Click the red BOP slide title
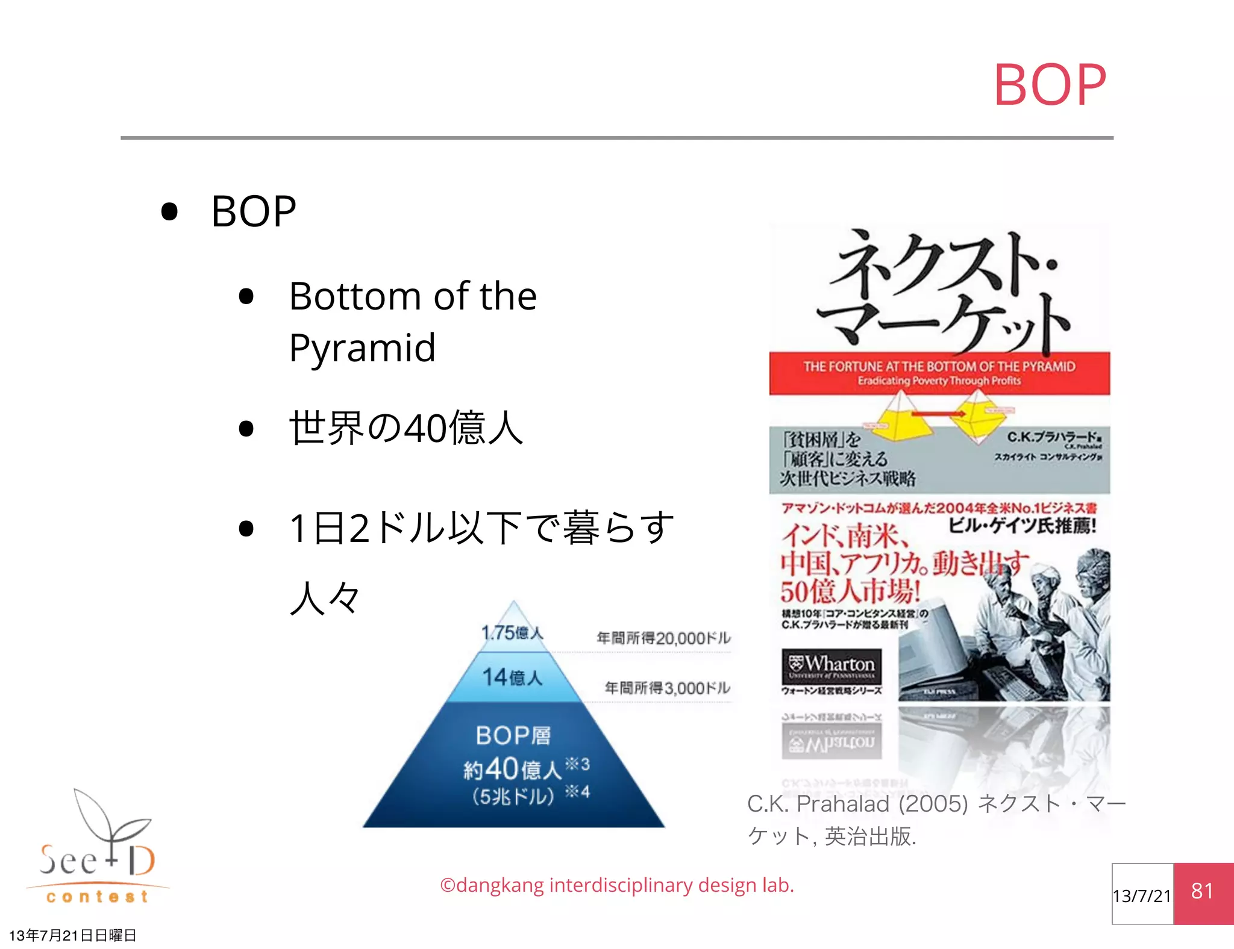[x=1049, y=85]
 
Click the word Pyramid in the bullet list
[x=362, y=348]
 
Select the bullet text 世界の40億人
[x=406, y=428]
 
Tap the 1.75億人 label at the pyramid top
[x=512, y=632]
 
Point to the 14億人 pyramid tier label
[x=512, y=677]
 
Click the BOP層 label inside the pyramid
[x=513, y=735]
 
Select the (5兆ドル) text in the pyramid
[x=513, y=796]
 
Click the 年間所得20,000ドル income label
[x=663, y=638]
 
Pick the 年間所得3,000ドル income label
[x=667, y=688]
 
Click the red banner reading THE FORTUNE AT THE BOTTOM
[x=939, y=373]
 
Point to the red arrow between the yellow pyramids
[x=938, y=414]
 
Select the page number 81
[x=1203, y=892]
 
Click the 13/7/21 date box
[x=1142, y=895]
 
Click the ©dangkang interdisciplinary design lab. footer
[x=617, y=885]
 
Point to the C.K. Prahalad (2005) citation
[x=936, y=820]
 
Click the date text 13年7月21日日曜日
[x=73, y=935]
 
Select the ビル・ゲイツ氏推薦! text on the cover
[x=1022, y=526]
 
